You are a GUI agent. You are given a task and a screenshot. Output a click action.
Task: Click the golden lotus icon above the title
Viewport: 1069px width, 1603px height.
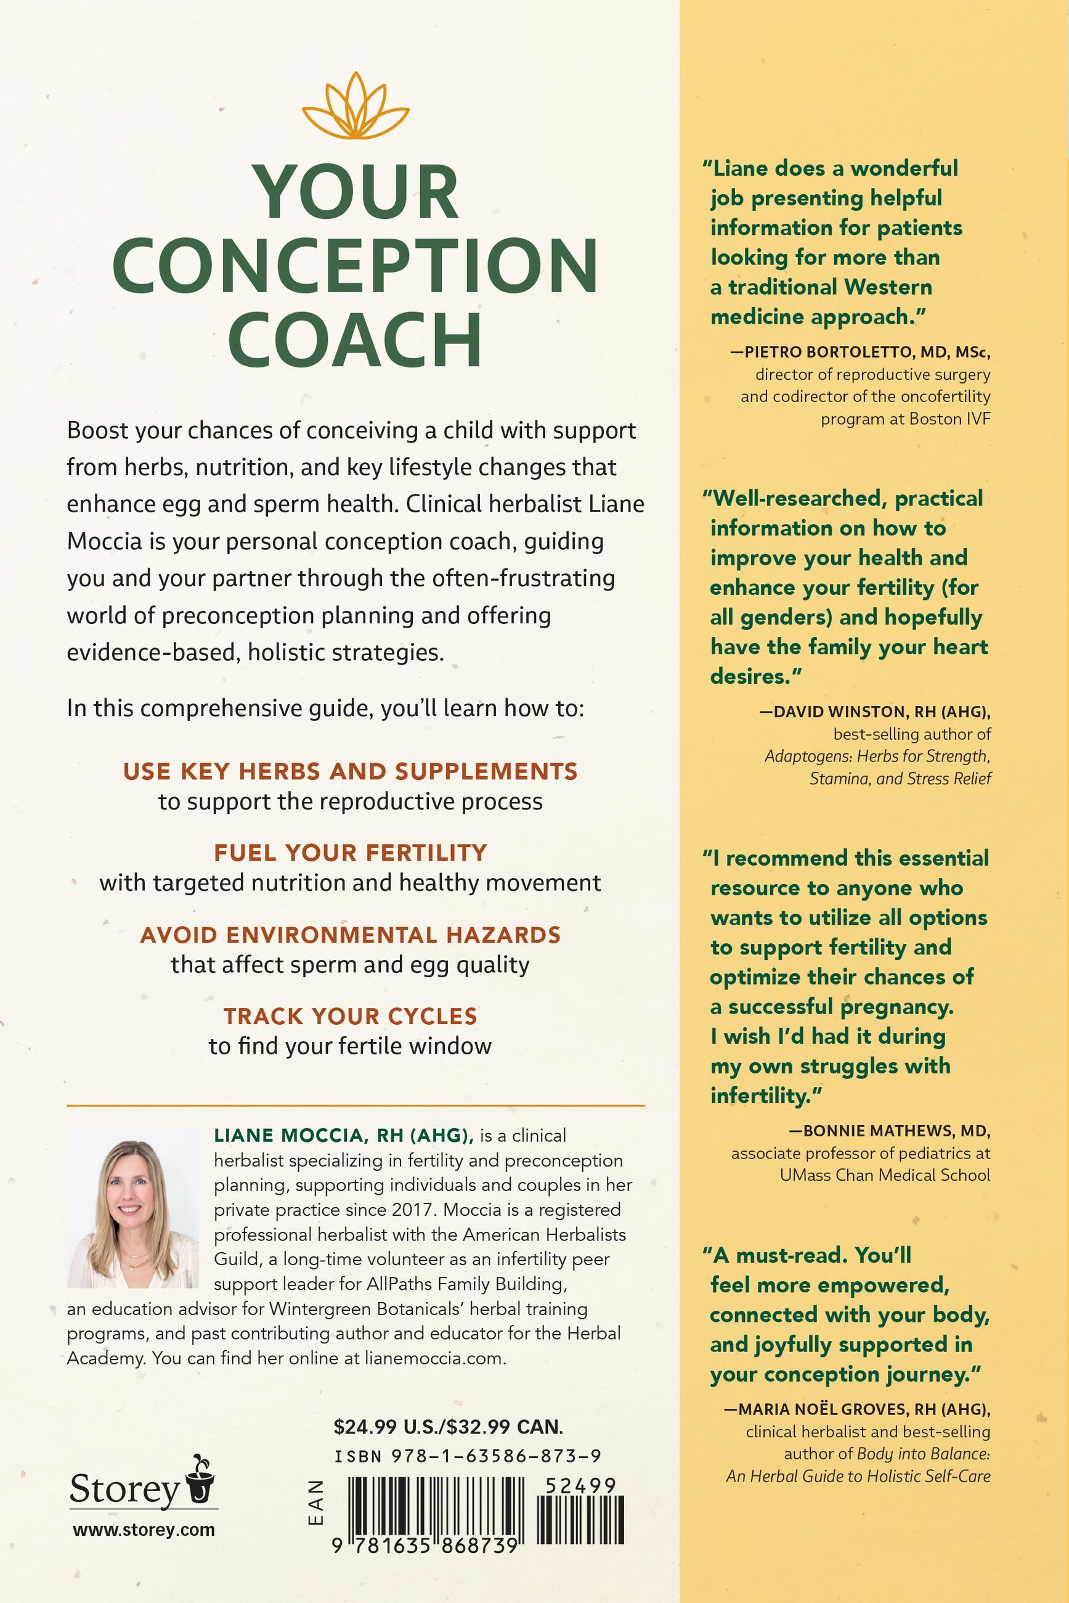click(356, 107)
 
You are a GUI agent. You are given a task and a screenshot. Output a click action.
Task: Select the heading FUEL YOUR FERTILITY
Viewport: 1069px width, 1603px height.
click(351, 853)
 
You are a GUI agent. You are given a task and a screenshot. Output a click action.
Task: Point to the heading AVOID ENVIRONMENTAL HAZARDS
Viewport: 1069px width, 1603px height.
click(351, 934)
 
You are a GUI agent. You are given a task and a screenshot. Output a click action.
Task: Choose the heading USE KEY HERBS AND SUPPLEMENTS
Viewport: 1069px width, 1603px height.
click(351, 771)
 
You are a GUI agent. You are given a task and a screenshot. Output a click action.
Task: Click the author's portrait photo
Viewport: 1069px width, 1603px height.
click(133, 1207)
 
